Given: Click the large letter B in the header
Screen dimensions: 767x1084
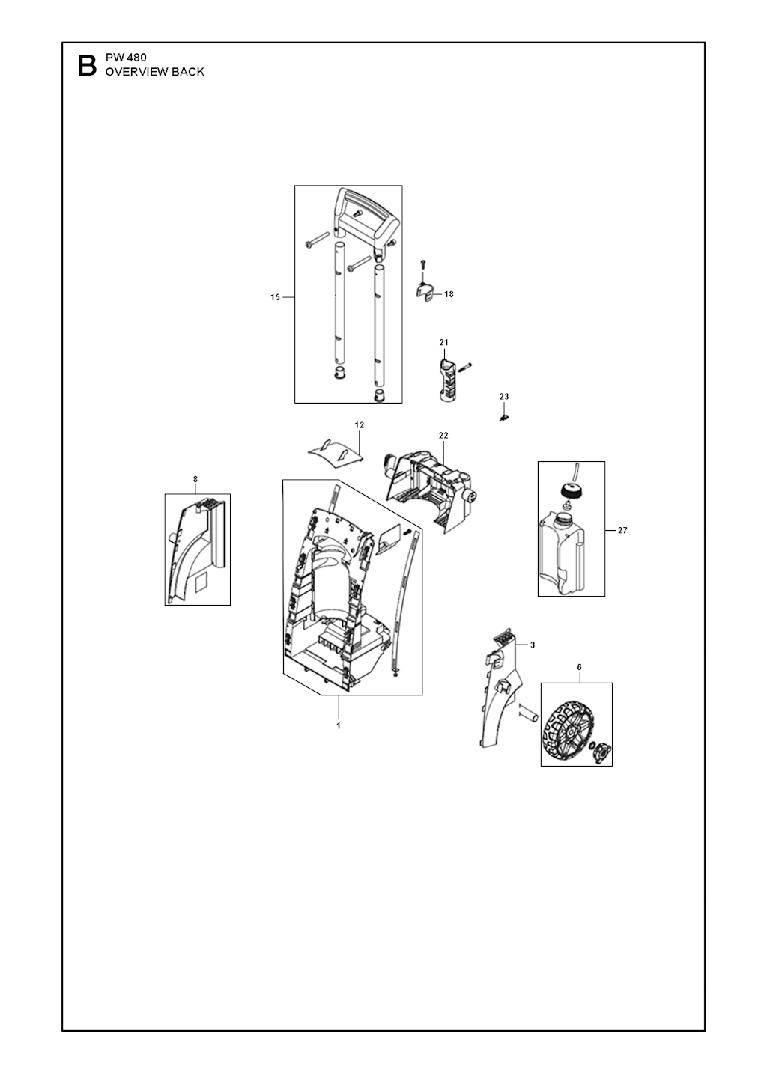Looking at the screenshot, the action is click(x=87, y=66).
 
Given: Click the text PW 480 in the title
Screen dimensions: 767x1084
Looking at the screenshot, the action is click(x=126, y=58).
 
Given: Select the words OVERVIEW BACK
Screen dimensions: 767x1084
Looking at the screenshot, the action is click(x=155, y=72).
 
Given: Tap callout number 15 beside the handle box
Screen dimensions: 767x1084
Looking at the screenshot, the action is click(x=275, y=297).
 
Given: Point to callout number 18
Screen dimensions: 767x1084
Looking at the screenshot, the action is click(x=449, y=294).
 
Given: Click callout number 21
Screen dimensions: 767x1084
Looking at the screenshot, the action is click(x=444, y=342).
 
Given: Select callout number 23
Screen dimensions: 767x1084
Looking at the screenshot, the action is click(x=504, y=396).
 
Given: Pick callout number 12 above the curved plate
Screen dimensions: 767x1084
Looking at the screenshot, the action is click(x=360, y=425).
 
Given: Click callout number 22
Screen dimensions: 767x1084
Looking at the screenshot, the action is click(x=443, y=435).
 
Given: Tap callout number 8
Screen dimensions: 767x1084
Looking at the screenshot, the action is click(x=195, y=479).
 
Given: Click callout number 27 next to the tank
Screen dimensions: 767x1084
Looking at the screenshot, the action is click(x=622, y=530).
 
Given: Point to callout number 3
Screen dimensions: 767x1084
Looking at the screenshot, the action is click(x=533, y=645).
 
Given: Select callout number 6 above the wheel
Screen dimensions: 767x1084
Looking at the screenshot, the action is click(x=579, y=667).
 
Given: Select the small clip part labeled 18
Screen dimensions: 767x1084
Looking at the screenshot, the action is click(x=425, y=293).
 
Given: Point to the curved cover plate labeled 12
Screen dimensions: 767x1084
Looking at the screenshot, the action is click(x=336, y=454).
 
